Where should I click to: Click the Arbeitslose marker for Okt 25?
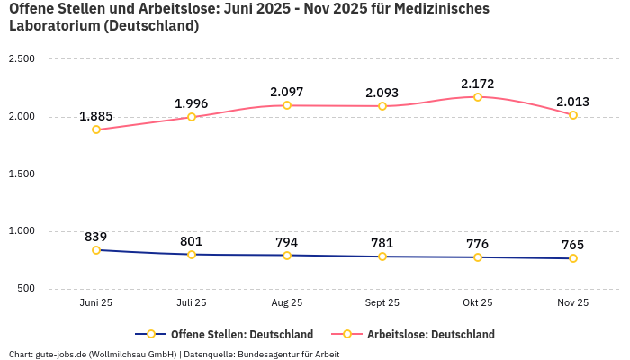[x=478, y=97]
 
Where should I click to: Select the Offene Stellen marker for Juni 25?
[x=96, y=250]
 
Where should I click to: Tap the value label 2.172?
[x=478, y=84]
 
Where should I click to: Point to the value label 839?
[x=96, y=237]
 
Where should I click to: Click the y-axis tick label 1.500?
[x=21, y=174]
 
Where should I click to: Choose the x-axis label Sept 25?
[x=382, y=303]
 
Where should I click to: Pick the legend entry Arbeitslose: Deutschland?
[x=430, y=334]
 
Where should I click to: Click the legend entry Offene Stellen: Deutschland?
[x=241, y=334]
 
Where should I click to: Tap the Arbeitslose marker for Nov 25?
[x=573, y=115]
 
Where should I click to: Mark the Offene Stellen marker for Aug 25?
[x=287, y=256]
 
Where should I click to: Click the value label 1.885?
[x=96, y=116]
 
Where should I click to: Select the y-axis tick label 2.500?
[x=21, y=59]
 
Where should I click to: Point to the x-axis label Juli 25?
[x=192, y=303]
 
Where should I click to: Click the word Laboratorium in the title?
[x=54, y=26]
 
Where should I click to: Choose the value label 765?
[x=573, y=245]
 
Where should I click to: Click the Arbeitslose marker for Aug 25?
[x=287, y=105]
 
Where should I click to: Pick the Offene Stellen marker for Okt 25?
[x=478, y=257]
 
